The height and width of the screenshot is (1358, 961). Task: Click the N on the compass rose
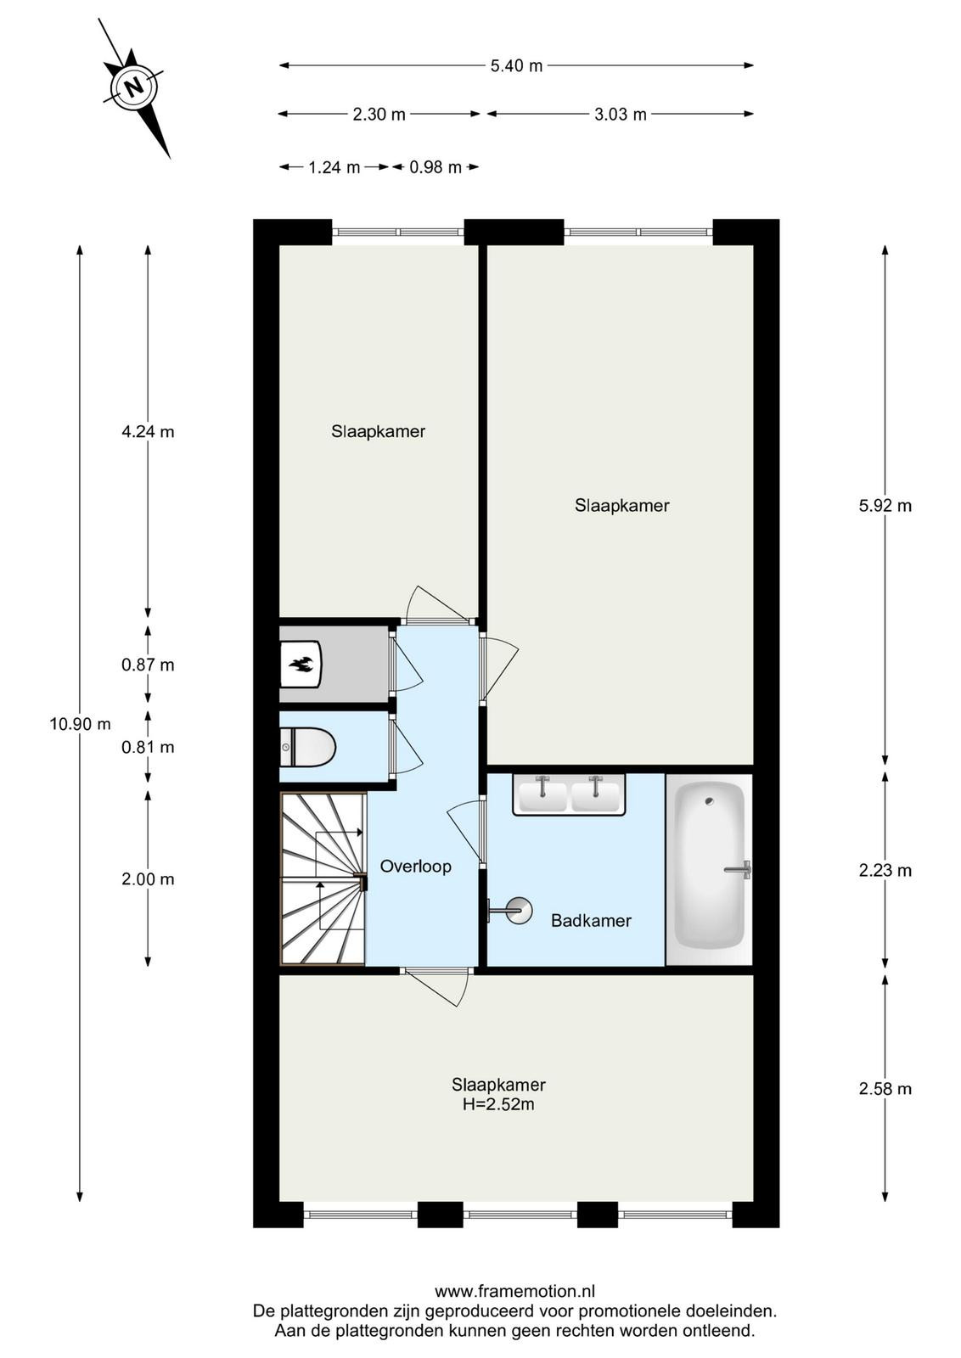pyautogui.click(x=134, y=87)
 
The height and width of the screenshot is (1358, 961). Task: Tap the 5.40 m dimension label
pyautogui.click(x=516, y=65)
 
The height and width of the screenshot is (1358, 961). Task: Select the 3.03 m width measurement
pyautogui.click(x=621, y=114)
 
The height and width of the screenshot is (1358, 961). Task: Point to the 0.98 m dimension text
pyautogui.click(x=436, y=167)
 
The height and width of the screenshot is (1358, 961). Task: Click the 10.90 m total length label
pyautogui.click(x=80, y=724)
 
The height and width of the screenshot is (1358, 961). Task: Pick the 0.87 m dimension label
pyautogui.click(x=148, y=665)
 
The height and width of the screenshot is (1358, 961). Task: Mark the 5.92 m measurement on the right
pyautogui.click(x=885, y=506)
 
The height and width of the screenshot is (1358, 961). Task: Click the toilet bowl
pyautogui.click(x=308, y=748)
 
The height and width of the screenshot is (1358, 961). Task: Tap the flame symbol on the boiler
pyautogui.click(x=301, y=665)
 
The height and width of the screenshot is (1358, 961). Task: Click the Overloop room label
pyautogui.click(x=415, y=867)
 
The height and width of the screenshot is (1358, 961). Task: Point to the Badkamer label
pyautogui.click(x=591, y=921)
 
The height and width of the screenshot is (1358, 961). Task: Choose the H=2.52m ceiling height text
pyautogui.click(x=498, y=1104)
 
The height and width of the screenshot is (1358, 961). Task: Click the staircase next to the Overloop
pyautogui.click(x=323, y=878)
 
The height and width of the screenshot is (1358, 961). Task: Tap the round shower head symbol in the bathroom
pyautogui.click(x=519, y=911)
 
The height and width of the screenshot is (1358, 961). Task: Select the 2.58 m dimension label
pyautogui.click(x=885, y=1089)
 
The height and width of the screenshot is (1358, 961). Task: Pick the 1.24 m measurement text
pyautogui.click(x=334, y=167)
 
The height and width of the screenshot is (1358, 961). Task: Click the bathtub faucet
pyautogui.click(x=739, y=869)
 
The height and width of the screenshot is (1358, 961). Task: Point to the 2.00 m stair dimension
pyautogui.click(x=148, y=879)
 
